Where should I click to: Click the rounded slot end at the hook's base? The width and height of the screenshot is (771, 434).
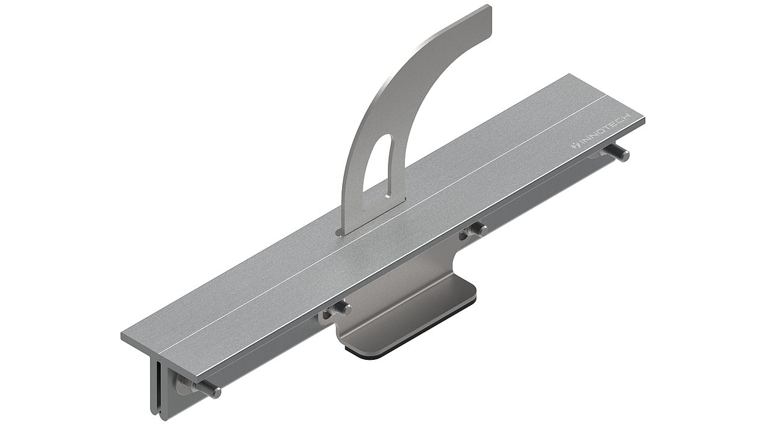(341, 232)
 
